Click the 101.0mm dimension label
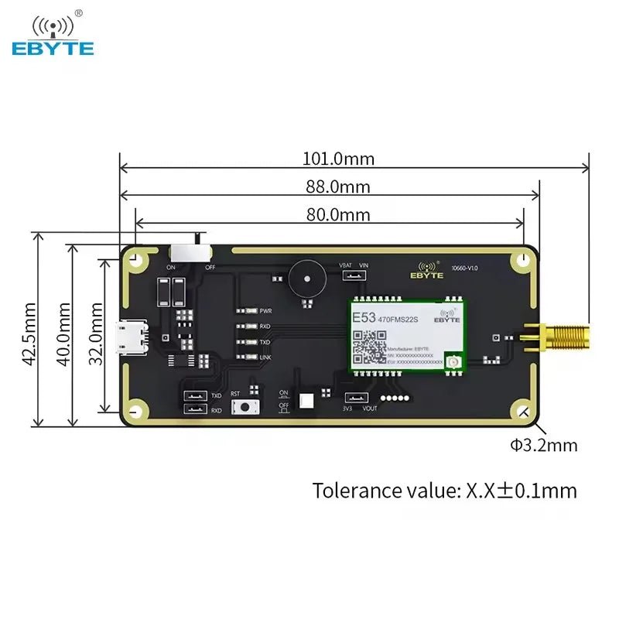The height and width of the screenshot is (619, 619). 338,159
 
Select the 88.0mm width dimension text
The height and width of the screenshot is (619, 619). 337,186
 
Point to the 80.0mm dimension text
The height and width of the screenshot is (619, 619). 338,214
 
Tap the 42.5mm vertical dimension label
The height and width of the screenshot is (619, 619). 29,332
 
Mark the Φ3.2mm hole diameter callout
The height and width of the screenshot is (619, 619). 543,445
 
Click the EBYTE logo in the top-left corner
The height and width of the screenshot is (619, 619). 53,36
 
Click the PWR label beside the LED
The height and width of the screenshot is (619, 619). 265,310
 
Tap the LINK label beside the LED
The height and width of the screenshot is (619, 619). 265,357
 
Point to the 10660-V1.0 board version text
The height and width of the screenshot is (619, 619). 465,268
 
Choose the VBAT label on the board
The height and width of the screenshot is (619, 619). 345,265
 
